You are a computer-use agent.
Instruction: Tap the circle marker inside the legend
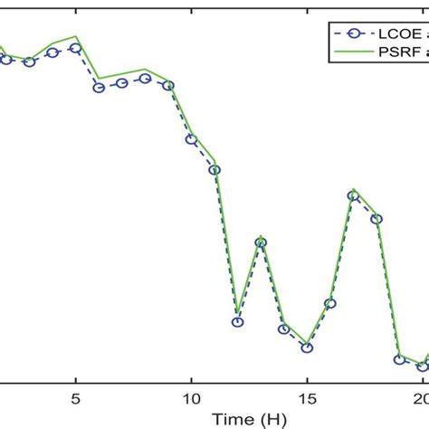point(353,33)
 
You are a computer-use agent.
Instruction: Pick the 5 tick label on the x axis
point(76,397)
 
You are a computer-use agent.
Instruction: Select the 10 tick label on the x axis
point(191,397)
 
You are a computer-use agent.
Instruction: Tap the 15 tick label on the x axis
point(307,397)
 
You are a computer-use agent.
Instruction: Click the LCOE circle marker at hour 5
point(76,49)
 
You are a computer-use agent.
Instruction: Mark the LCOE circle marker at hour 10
point(191,138)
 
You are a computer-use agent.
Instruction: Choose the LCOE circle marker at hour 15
point(307,347)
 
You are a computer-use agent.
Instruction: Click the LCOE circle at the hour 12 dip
point(237,321)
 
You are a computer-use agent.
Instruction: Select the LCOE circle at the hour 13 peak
point(261,243)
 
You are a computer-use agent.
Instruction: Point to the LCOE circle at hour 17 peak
point(353,195)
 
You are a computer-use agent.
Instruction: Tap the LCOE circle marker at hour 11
point(214,169)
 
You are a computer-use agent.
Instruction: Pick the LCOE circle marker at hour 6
point(99,87)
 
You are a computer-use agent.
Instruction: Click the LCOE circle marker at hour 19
point(399,359)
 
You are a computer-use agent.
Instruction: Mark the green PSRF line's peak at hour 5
point(77,37)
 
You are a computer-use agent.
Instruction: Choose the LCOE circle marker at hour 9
point(168,85)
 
